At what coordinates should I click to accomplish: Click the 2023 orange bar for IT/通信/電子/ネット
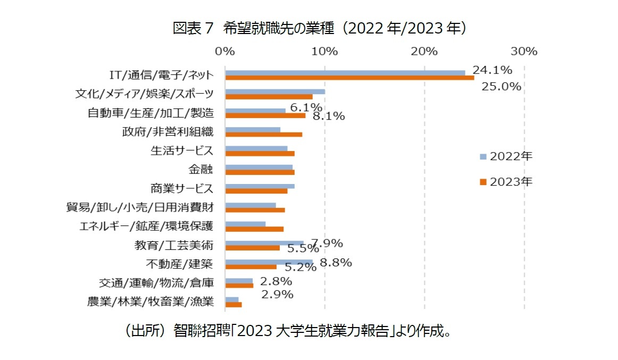tap(349, 78)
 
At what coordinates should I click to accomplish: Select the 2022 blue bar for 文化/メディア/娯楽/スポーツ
tap(275, 91)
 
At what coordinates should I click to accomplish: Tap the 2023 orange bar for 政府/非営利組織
tap(264, 134)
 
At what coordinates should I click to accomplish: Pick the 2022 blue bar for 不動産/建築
tap(269, 262)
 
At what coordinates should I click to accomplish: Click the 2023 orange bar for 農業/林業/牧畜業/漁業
tap(233, 304)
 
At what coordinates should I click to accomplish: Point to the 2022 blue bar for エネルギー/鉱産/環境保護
tap(245, 224)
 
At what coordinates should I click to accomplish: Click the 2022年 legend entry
tap(505, 156)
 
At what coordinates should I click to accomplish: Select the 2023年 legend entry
tap(505, 181)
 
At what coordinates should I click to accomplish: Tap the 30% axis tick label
tap(524, 52)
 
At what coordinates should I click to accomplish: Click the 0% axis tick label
tap(225, 52)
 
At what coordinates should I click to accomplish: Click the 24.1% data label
tap(492, 70)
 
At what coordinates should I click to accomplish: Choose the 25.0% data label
tap(500, 87)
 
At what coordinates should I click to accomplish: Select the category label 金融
tap(201, 170)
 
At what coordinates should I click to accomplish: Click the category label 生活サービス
tap(182, 150)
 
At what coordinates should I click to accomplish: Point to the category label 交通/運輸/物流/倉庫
tap(156, 283)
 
